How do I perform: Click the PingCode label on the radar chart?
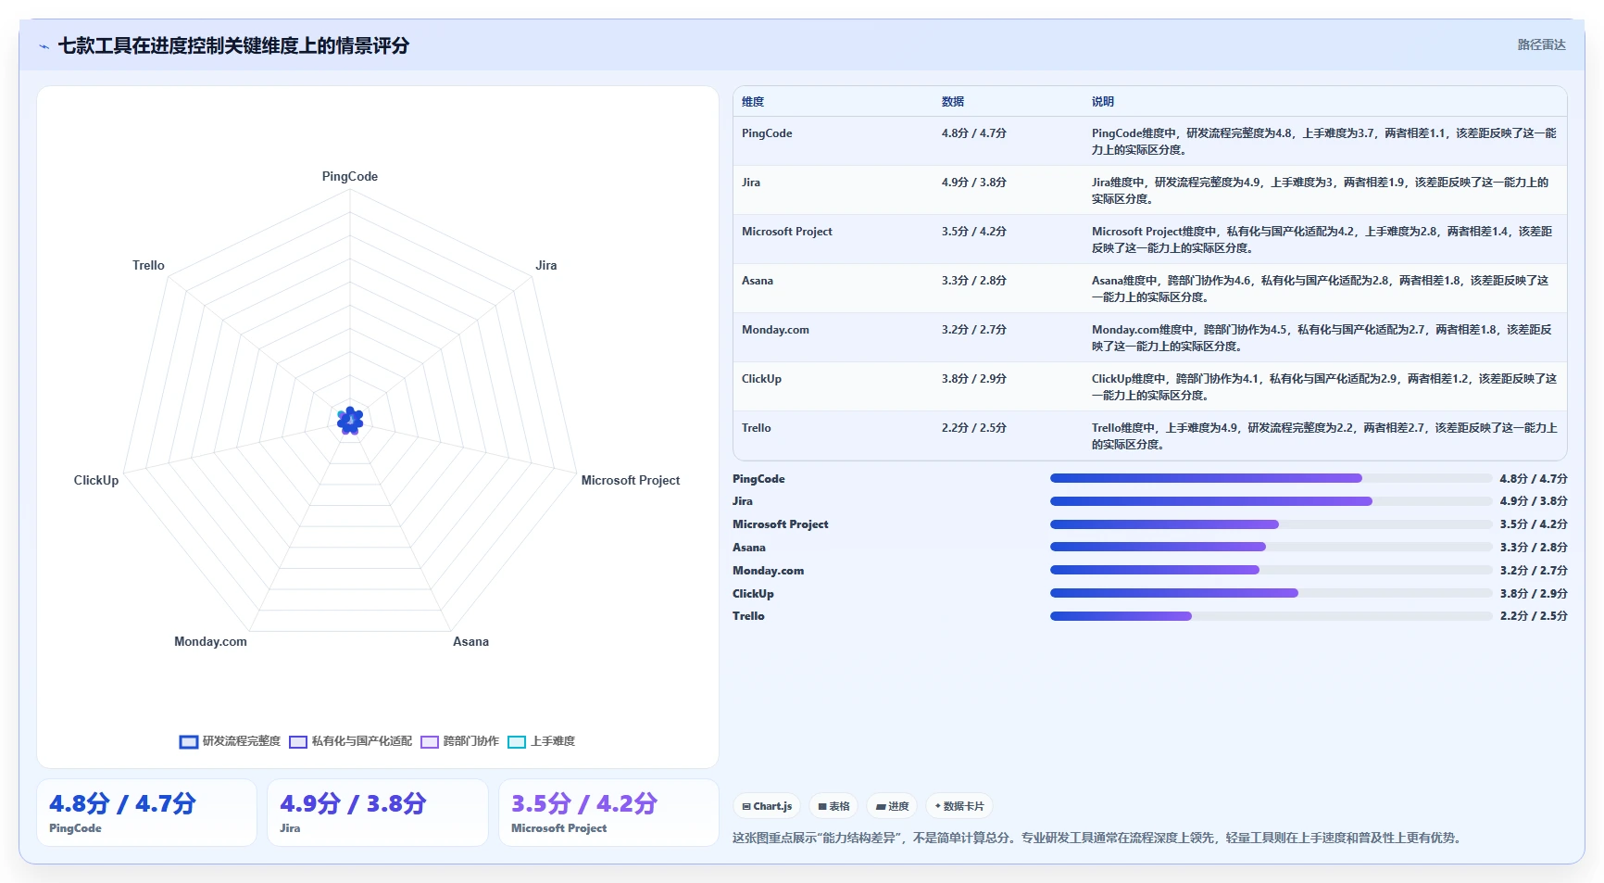coord(350,176)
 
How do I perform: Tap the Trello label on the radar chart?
coord(148,265)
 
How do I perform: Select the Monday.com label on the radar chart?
coord(210,641)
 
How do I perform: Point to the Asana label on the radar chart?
coord(470,641)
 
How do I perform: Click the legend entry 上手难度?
coord(542,741)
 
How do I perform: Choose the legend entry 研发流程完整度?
coord(230,741)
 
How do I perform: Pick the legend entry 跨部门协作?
coord(460,741)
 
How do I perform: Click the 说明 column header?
coord(1102,102)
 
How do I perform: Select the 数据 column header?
coord(952,102)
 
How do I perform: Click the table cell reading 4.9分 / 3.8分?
coord(973,183)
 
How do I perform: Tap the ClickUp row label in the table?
coord(761,379)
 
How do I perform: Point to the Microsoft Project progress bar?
coord(1271,524)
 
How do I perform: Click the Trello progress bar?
coord(1271,616)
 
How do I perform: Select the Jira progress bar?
coord(1271,501)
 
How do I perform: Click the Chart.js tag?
coord(767,806)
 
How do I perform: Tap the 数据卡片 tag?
coord(959,806)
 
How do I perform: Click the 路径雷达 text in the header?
coord(1541,44)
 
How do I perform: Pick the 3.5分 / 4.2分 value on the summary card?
coord(584,803)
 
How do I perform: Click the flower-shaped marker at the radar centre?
coord(350,421)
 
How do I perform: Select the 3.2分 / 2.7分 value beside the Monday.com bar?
coord(1534,571)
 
